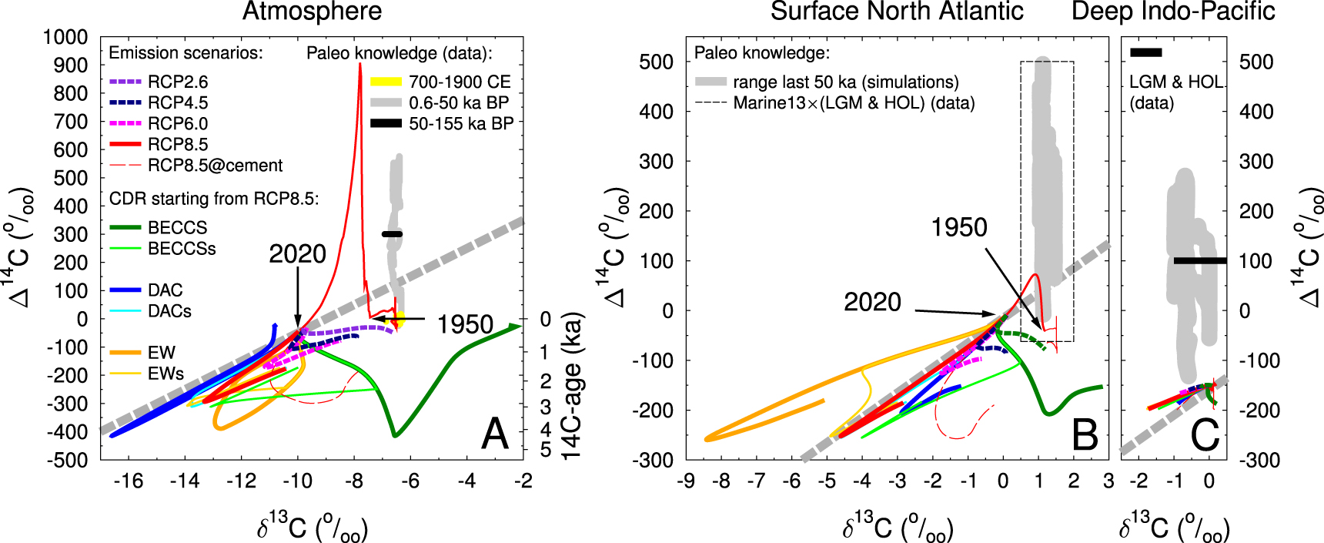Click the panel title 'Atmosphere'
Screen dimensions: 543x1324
(x=312, y=12)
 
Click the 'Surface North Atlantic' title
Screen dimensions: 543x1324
(x=897, y=12)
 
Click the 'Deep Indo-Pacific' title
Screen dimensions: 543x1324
(x=1173, y=12)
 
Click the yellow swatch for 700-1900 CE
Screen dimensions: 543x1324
(x=386, y=82)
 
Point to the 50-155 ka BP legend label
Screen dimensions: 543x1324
(x=460, y=124)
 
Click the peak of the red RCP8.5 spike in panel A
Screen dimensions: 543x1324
(x=359, y=64)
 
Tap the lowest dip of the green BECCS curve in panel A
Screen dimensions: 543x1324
(x=395, y=436)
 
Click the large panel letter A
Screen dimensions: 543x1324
(x=495, y=434)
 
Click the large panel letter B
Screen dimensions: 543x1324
(x=1085, y=436)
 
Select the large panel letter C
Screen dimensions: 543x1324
(x=1205, y=436)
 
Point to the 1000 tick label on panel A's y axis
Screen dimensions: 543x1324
(x=65, y=37)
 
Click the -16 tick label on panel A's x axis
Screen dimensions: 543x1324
(x=128, y=481)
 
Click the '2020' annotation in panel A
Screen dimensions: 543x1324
(x=297, y=254)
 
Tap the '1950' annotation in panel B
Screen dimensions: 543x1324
(x=958, y=227)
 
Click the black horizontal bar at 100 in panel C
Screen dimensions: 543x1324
(x=1199, y=261)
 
